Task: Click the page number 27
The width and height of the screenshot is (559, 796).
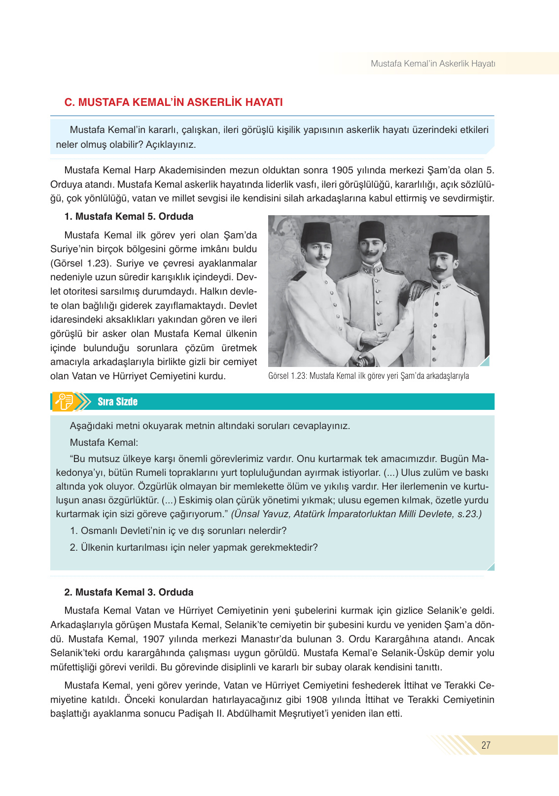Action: (486, 745)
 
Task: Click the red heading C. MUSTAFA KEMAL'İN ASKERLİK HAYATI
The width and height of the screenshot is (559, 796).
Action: (174, 102)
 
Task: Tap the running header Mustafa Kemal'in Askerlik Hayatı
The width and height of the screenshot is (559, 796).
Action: (433, 64)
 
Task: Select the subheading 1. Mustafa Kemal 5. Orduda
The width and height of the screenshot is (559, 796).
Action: (129, 217)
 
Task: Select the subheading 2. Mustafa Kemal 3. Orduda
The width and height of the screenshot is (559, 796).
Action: (129, 592)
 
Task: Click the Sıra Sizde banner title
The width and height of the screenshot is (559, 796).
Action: (117, 401)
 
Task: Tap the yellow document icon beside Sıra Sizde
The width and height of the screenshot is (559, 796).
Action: (64, 401)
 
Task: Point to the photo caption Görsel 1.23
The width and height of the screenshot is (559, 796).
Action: (368, 376)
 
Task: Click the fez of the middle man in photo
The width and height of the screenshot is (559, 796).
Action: (372, 231)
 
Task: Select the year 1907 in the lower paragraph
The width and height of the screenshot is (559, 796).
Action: (153, 639)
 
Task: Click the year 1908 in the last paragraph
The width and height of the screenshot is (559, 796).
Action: (316, 699)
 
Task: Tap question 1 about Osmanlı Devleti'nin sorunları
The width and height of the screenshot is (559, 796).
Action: (178, 531)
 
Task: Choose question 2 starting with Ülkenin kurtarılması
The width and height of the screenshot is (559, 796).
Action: (194, 547)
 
